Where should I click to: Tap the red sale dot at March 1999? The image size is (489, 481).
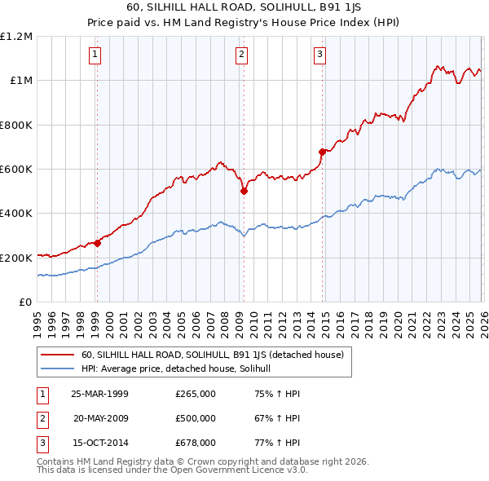[98, 242]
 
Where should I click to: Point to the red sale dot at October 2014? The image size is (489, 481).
[322, 151]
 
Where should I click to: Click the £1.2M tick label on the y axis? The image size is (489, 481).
[16, 37]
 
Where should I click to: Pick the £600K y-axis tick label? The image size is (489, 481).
[16, 170]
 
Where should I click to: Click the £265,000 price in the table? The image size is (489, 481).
[196, 394]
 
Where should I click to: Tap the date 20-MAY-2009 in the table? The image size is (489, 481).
[101, 418]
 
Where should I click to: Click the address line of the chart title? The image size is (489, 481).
[244, 9]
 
